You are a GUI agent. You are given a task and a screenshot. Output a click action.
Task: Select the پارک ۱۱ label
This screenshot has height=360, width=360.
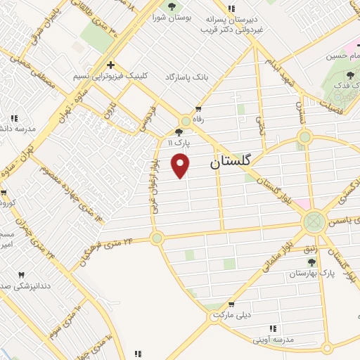179,142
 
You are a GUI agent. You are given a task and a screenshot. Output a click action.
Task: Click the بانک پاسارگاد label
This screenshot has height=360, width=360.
186,75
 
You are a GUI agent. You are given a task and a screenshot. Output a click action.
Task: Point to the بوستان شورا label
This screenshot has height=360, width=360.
172,19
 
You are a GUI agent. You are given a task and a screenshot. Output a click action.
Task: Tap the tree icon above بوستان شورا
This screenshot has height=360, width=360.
172,7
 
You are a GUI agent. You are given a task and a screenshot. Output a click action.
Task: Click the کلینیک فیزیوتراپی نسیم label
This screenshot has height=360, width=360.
101,75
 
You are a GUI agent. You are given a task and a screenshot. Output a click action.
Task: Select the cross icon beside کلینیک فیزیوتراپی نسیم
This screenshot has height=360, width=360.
111,64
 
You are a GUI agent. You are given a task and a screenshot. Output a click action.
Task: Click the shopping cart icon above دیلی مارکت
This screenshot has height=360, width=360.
230,306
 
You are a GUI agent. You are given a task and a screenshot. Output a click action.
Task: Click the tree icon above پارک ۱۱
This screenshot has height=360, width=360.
180,131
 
